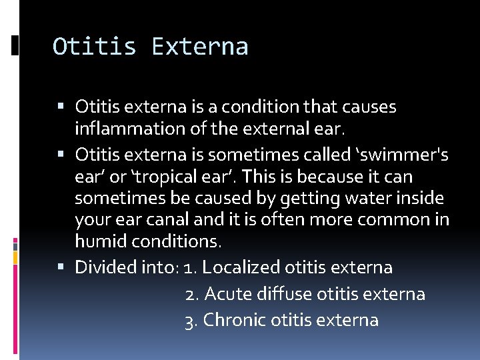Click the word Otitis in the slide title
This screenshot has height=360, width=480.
click(95, 47)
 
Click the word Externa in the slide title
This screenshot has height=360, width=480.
click(200, 47)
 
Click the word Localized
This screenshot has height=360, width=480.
click(241, 267)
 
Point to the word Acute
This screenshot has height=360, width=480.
click(229, 294)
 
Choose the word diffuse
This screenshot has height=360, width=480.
click(285, 294)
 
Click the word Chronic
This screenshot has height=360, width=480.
click(235, 320)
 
